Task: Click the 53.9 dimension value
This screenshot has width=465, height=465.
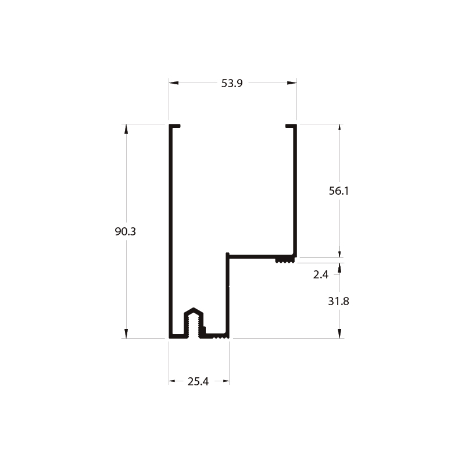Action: [232, 83]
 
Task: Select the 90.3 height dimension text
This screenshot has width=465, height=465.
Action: [125, 231]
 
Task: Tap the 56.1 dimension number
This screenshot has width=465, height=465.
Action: [339, 191]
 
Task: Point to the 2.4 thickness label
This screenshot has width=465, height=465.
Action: [321, 274]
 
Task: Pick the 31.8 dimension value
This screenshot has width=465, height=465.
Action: [338, 301]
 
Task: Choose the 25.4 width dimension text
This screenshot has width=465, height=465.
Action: [198, 381]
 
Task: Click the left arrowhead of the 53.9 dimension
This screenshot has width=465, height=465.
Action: [174, 83]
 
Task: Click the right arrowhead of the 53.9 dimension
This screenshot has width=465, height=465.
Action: [292, 83]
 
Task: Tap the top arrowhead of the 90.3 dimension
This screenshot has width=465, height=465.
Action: [126, 129]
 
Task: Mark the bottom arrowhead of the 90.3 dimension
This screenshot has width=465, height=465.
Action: [126, 334]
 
